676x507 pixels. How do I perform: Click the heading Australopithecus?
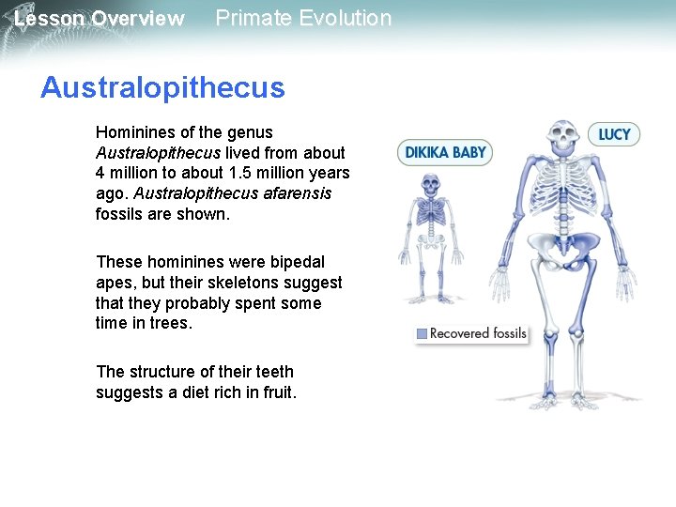[x=161, y=88]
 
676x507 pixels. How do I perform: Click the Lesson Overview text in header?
[x=99, y=19]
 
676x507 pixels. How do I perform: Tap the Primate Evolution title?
[x=303, y=18]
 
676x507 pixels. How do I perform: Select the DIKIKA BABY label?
[x=445, y=152]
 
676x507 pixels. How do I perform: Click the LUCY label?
[x=614, y=134]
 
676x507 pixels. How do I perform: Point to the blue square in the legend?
[x=422, y=333]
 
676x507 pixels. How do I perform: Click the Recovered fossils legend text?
[x=478, y=333]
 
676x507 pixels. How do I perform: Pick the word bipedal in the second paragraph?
[x=299, y=262]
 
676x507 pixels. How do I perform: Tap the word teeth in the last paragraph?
[x=273, y=372]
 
